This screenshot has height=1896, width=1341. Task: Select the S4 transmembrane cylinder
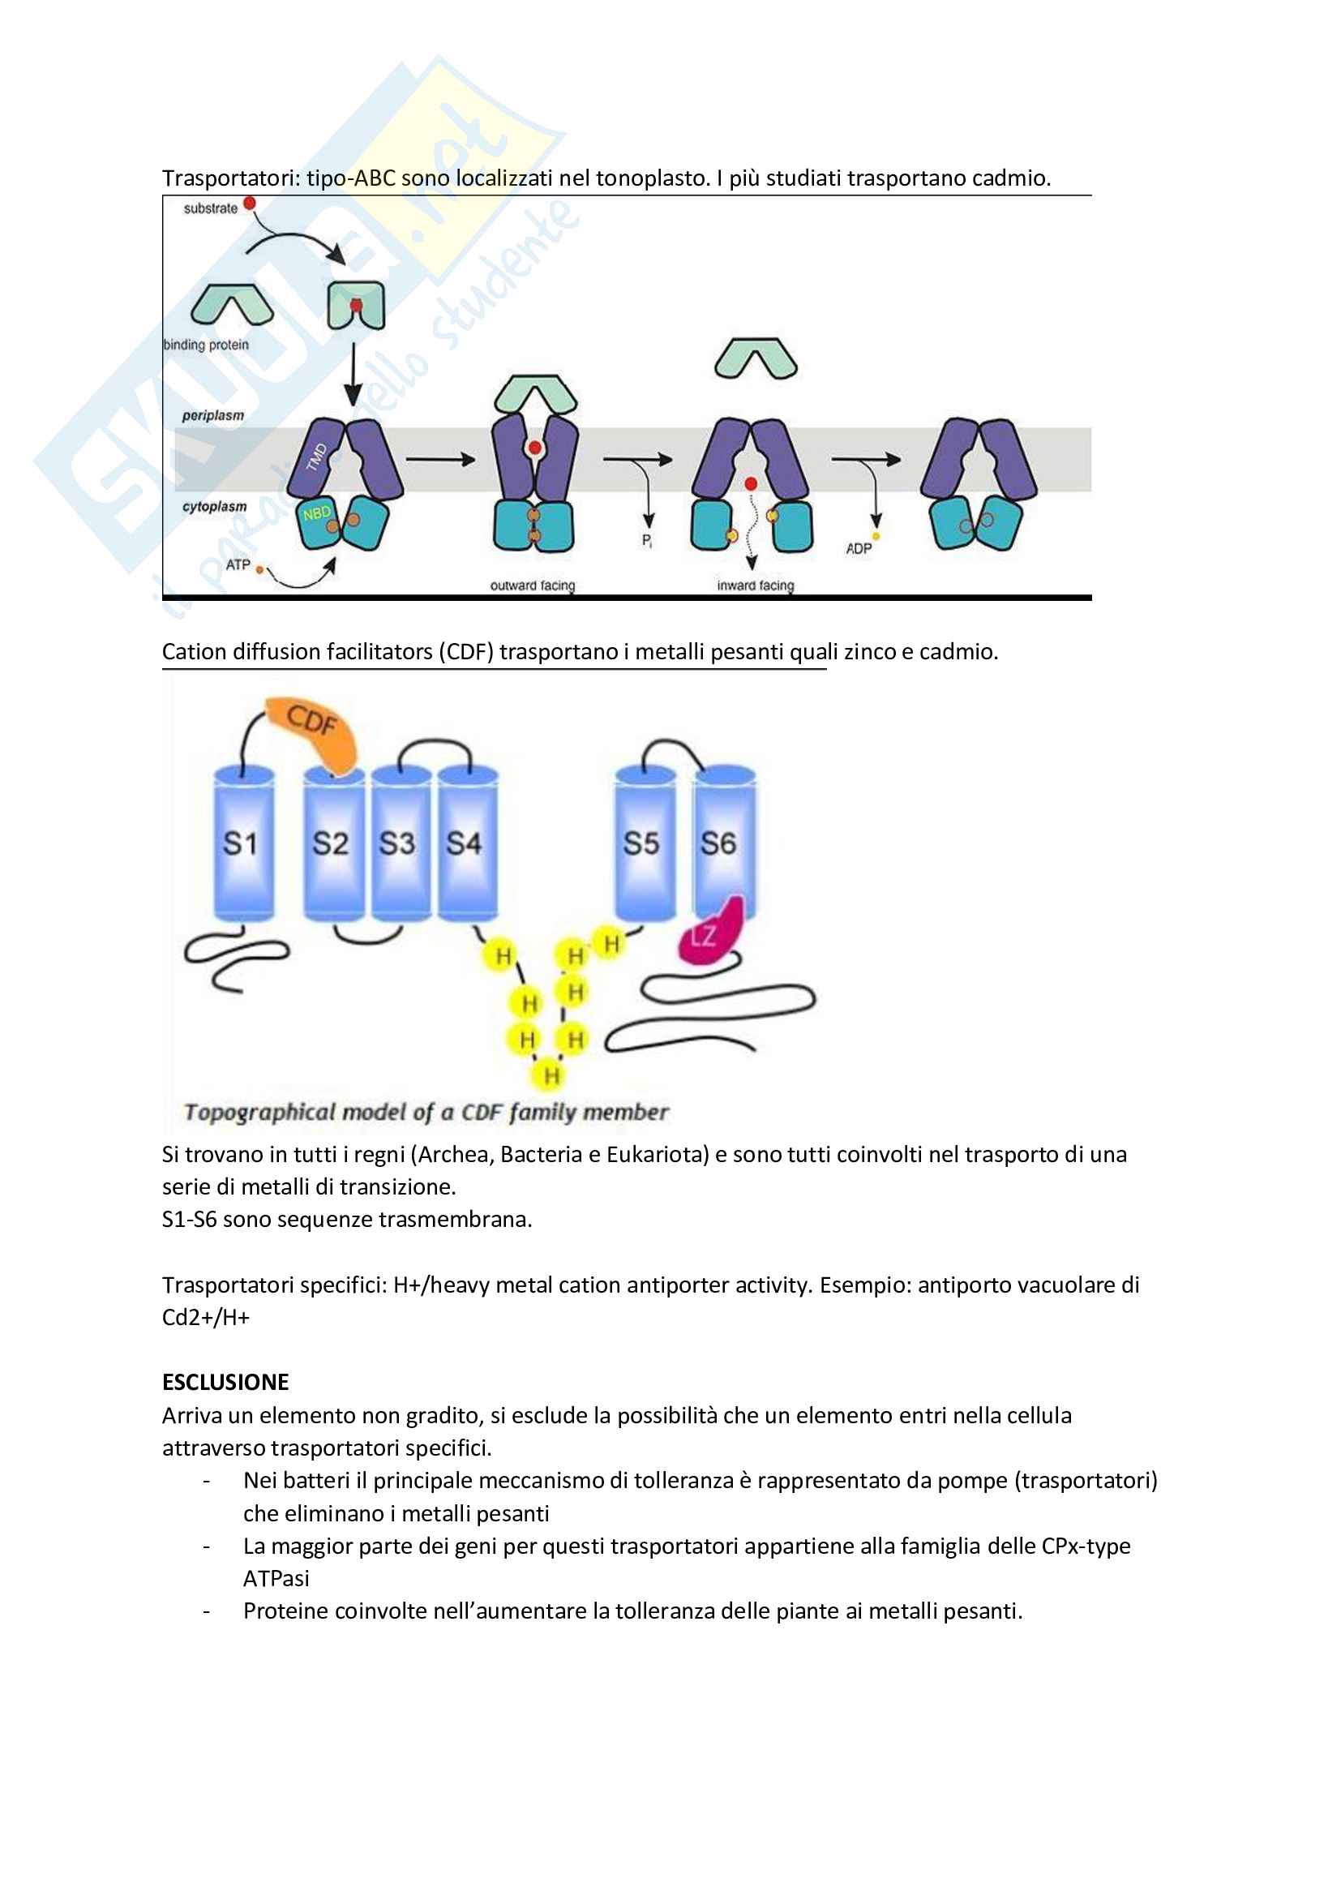click(x=466, y=843)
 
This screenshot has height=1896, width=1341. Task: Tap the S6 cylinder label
click(x=718, y=843)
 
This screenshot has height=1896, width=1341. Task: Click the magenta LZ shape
click(x=709, y=934)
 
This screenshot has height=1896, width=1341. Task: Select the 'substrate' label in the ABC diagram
click(x=211, y=208)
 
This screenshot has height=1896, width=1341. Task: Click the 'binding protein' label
click(x=207, y=345)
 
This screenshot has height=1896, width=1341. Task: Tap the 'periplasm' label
click(x=213, y=415)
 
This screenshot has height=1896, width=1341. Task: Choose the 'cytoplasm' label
click(x=215, y=506)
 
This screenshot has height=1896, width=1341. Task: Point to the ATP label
click(x=238, y=565)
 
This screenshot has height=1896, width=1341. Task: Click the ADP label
click(x=859, y=548)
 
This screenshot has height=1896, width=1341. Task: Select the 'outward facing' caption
click(x=533, y=586)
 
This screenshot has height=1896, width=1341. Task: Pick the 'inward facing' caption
click(x=756, y=586)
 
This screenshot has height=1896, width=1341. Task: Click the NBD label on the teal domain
click(x=316, y=513)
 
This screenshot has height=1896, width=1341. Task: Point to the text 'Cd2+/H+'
click(x=206, y=1317)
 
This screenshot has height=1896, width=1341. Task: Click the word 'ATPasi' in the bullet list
click(x=276, y=1578)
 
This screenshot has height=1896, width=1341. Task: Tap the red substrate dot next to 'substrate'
click(x=250, y=203)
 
